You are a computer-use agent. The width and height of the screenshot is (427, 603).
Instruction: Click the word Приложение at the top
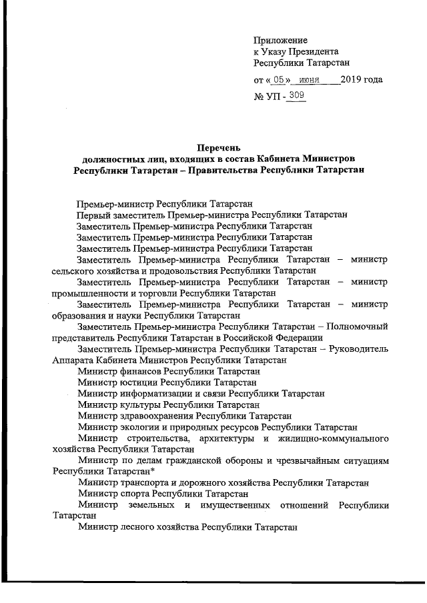[280, 40]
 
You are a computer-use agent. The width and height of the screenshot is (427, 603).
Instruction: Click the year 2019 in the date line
[351, 80]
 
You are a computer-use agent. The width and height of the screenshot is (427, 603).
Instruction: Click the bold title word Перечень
[218, 147]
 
